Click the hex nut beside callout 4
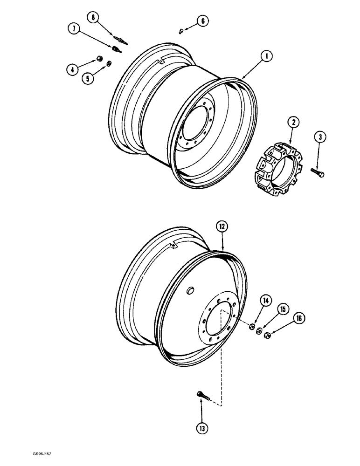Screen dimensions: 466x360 click(99, 59)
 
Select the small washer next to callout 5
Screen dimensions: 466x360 click(109, 64)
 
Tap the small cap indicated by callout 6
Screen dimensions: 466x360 click(180, 32)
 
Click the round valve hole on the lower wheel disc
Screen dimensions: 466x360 click(189, 291)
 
